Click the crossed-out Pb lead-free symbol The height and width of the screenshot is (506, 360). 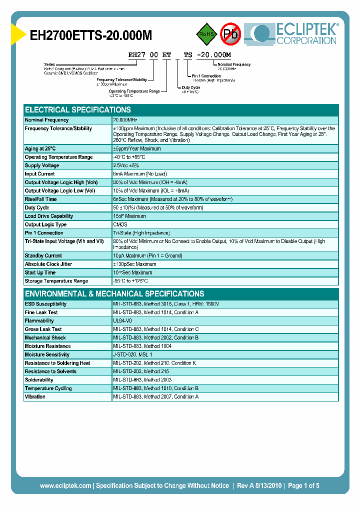click(231, 34)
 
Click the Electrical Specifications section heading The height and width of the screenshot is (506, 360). click(78, 110)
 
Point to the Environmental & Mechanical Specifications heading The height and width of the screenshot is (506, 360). click(114, 294)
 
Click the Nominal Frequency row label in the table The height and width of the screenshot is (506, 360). click(47, 120)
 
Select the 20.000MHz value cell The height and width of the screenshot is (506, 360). click(125, 120)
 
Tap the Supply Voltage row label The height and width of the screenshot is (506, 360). click(42, 165)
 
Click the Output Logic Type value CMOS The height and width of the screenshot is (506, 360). click(120, 224)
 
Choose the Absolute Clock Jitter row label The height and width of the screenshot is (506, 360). click(49, 264)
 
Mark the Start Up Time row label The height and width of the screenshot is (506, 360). click(40, 272)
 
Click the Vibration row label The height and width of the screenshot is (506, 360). click(35, 396)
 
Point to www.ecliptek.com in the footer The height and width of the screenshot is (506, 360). click(65, 485)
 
